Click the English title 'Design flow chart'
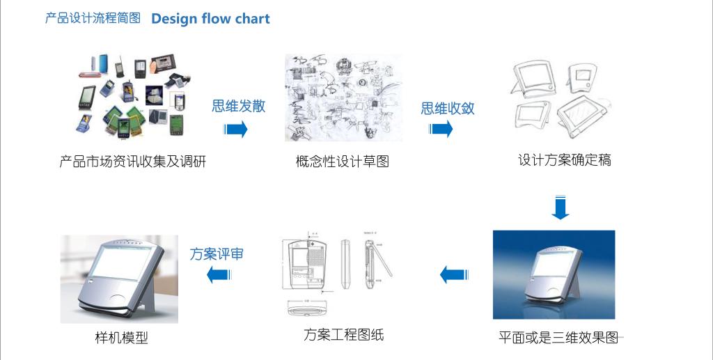[210, 19]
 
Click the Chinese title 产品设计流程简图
[93, 19]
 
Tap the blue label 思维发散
[239, 106]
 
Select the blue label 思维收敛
[448, 108]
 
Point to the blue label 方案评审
[217, 254]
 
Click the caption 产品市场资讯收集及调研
[133, 162]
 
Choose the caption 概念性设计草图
[342, 162]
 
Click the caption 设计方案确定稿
[565, 159]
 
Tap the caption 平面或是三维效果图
[558, 338]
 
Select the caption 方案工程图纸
[343, 335]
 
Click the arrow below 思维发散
[236, 129]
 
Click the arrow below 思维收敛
[441, 129]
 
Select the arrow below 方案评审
[219, 274]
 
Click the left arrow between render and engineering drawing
[452, 274]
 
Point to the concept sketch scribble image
[343, 98]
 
